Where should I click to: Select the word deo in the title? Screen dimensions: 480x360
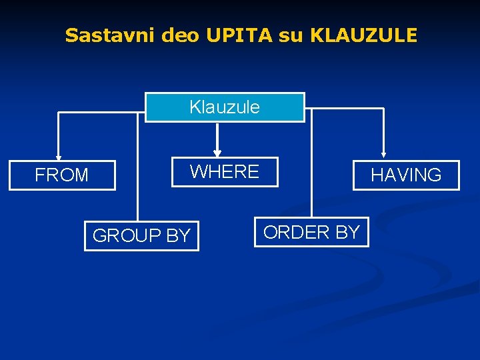180,35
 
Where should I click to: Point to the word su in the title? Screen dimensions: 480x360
290,35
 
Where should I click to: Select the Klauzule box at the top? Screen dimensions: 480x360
225,107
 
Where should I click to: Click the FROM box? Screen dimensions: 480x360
62,175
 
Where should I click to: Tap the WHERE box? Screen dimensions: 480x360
225,172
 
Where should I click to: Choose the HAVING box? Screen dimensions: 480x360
406,175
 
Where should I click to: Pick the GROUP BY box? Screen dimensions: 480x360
141,235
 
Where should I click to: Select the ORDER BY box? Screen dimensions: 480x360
311,232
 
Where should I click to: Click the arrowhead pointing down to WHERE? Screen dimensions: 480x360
217,153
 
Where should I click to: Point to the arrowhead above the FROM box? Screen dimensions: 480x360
59,157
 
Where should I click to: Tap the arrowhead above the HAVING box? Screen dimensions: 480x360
384,157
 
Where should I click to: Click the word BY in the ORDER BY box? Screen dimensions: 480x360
347,232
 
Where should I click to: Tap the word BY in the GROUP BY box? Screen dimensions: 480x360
177,235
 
